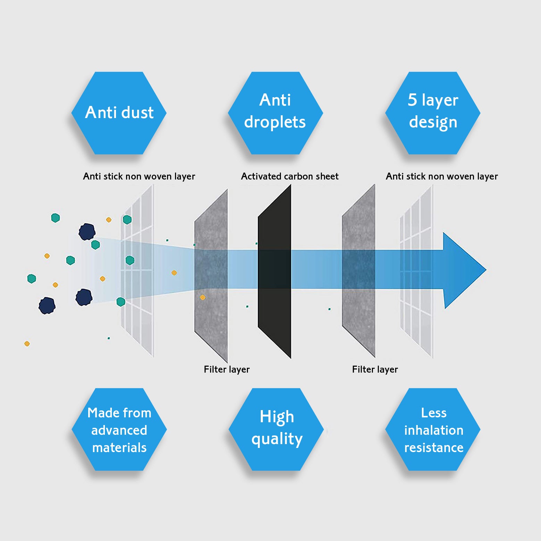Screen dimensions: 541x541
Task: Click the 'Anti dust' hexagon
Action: coord(119,113)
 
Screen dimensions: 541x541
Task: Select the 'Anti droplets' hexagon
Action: coord(275,113)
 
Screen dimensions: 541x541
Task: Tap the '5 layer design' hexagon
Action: coord(433,113)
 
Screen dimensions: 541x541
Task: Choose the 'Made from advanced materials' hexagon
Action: coord(119,430)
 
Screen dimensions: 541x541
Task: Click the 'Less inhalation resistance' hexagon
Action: coord(433,430)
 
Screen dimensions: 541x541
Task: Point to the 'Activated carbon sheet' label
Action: coord(290,176)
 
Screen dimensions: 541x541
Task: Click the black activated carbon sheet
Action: coord(274,313)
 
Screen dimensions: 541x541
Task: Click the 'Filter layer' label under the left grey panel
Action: coord(226,369)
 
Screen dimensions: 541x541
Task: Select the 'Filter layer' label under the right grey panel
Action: coord(375,369)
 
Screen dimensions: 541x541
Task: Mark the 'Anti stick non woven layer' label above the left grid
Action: coord(139,176)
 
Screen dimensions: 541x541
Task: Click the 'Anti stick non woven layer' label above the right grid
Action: coord(442,176)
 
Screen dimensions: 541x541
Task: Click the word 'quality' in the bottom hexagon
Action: coord(277,439)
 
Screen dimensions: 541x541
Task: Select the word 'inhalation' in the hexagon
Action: coord(434,430)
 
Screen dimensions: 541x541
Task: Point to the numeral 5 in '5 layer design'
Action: coord(412,100)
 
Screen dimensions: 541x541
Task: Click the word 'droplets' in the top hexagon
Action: coord(275,122)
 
